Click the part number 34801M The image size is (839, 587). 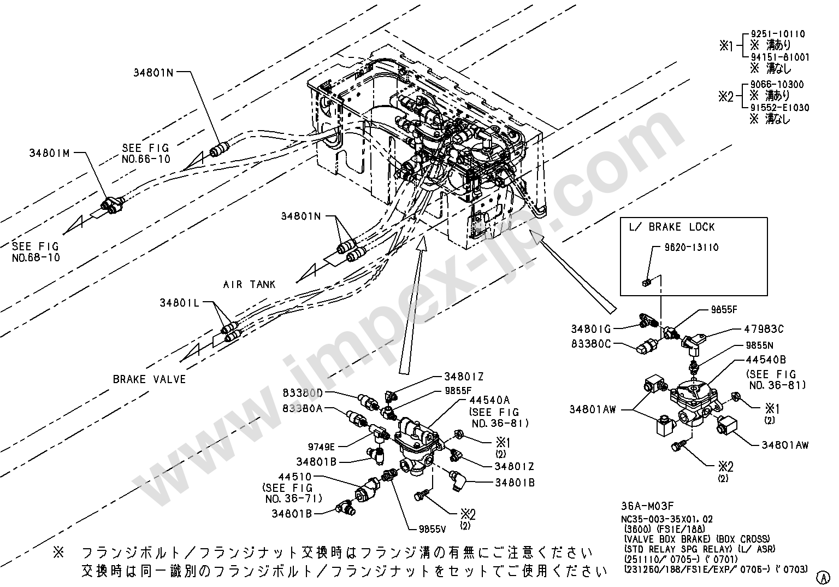point(50,153)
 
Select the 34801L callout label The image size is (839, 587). point(180,302)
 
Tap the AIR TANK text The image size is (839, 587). point(249,284)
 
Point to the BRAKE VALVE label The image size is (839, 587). point(149,379)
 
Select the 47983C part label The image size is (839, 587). point(764,329)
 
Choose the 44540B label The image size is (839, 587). point(766,360)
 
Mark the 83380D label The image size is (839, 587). point(303,393)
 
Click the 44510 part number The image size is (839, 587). point(294,477)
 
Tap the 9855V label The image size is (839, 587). point(434,529)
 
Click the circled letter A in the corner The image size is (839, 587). point(821,576)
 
